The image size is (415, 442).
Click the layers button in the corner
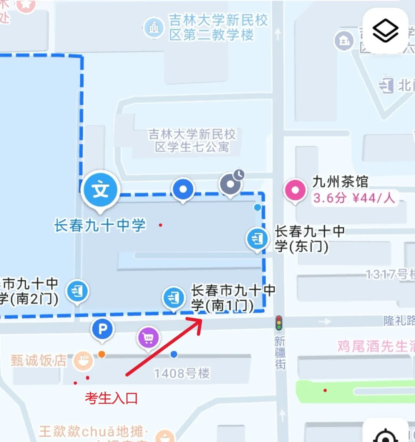coord(385,31)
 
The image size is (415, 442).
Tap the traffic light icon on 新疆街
coord(279,323)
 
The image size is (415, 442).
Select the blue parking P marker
coord(102,329)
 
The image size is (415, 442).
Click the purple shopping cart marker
coord(148,338)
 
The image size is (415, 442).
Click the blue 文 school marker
coord(101,190)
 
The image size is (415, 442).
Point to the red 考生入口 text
coord(111,398)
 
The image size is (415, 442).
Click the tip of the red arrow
coord(201,318)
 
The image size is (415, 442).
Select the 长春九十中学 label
coord(100,225)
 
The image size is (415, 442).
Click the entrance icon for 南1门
coord(174,297)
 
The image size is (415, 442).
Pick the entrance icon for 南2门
coord(77,291)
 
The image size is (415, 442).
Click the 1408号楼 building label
coord(182,373)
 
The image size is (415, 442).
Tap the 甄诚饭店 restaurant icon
coord(83,361)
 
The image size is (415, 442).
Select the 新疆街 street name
coord(280,353)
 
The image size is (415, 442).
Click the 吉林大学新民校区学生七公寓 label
coord(192,141)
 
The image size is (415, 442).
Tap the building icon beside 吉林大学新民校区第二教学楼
coord(154,28)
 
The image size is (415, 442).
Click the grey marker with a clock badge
coord(231,184)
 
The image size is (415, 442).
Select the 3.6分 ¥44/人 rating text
coord(354,198)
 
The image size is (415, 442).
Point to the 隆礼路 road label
coord(399,321)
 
